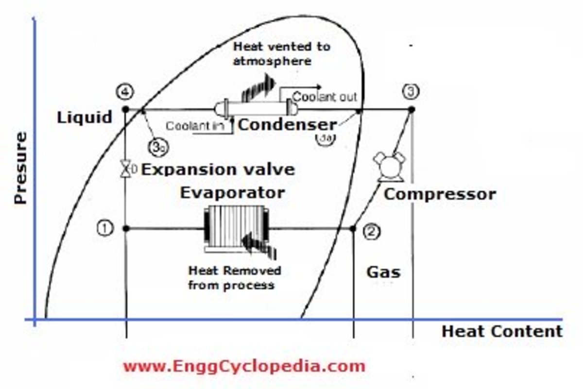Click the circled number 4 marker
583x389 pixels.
(125, 91)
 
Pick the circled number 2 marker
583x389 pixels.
(372, 231)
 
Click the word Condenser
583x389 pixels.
(287, 125)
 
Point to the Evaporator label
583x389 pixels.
(232, 192)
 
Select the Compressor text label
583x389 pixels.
(440, 194)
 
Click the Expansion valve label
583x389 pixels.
(218, 169)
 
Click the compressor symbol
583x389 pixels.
(389, 167)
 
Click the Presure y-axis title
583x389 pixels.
(20, 168)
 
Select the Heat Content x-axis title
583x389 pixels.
(501, 332)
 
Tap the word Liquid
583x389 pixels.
(85, 117)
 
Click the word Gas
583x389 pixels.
(383, 272)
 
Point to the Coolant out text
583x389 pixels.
(325, 97)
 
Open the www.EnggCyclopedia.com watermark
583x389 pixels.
(243, 365)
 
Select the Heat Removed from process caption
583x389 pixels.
(234, 277)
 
